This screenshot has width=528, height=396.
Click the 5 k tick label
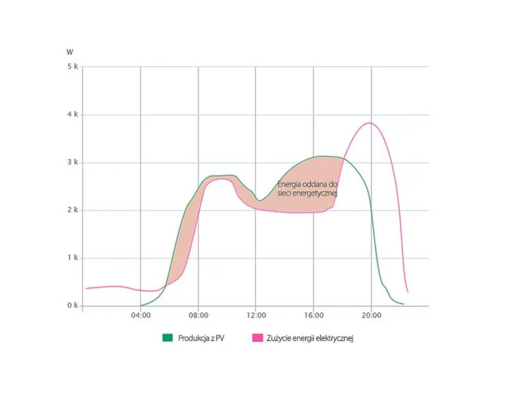[x=73, y=67]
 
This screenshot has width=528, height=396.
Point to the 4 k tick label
[x=73, y=115]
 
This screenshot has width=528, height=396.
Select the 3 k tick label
[x=73, y=162]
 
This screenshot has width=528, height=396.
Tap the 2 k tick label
[x=73, y=211]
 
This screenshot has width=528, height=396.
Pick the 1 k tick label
[x=73, y=258]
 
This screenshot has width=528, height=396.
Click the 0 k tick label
[x=73, y=306]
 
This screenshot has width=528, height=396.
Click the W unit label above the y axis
[x=70, y=51]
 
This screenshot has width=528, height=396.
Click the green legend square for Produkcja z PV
[x=167, y=338]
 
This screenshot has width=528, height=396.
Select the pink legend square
[x=257, y=338]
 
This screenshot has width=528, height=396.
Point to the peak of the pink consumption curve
[x=370, y=123]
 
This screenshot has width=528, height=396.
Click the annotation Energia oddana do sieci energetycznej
[x=308, y=189]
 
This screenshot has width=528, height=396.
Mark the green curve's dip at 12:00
[x=259, y=200]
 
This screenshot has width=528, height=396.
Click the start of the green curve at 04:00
[x=141, y=306]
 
